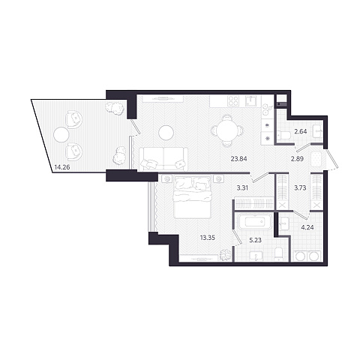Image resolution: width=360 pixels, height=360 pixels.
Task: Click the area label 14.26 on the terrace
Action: [x=62, y=167]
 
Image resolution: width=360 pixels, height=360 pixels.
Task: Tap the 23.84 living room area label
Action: [x=238, y=158]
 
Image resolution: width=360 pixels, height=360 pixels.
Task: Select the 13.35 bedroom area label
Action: [x=208, y=238]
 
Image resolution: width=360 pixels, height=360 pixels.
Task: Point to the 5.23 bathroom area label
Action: [x=255, y=240]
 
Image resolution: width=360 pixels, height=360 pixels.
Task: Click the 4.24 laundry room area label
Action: [x=307, y=227]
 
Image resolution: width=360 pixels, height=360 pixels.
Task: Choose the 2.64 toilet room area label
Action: [x=301, y=131]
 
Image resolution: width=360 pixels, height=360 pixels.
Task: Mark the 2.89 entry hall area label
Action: [x=297, y=158]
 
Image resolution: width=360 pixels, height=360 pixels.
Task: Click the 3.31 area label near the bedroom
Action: [x=242, y=187]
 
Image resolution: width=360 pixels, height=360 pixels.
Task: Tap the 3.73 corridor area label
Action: [x=300, y=187]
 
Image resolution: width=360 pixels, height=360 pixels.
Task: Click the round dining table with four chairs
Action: [x=227, y=130]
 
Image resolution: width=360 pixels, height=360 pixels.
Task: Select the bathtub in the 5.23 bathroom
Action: [x=255, y=221]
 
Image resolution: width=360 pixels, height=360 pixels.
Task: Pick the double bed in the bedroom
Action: [x=193, y=197]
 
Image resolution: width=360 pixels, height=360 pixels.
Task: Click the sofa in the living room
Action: [x=163, y=158]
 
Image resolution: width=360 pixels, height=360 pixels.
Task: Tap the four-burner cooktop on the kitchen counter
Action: [x=232, y=101]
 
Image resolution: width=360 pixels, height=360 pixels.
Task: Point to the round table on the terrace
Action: [x=61, y=135]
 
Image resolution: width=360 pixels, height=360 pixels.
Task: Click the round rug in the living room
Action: [x=166, y=133]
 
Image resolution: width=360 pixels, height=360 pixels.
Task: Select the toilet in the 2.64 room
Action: [x=284, y=135]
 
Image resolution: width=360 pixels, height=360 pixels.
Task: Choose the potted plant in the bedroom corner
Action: [x=226, y=255]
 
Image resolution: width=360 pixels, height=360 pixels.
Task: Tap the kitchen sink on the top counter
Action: [x=250, y=100]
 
